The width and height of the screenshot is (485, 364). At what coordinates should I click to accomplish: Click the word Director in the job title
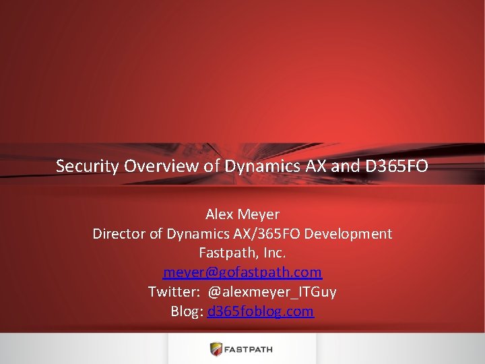point(119,234)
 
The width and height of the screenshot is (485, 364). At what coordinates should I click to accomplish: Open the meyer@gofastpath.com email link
point(243,273)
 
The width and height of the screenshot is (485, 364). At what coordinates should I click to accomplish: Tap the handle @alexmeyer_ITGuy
point(272,292)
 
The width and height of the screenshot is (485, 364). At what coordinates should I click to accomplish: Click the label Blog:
point(187,311)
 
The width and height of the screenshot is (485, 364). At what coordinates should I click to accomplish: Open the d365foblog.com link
point(261,311)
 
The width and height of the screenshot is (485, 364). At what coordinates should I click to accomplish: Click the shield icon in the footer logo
point(216,348)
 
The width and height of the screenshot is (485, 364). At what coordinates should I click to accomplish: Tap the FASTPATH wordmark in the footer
point(249,349)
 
